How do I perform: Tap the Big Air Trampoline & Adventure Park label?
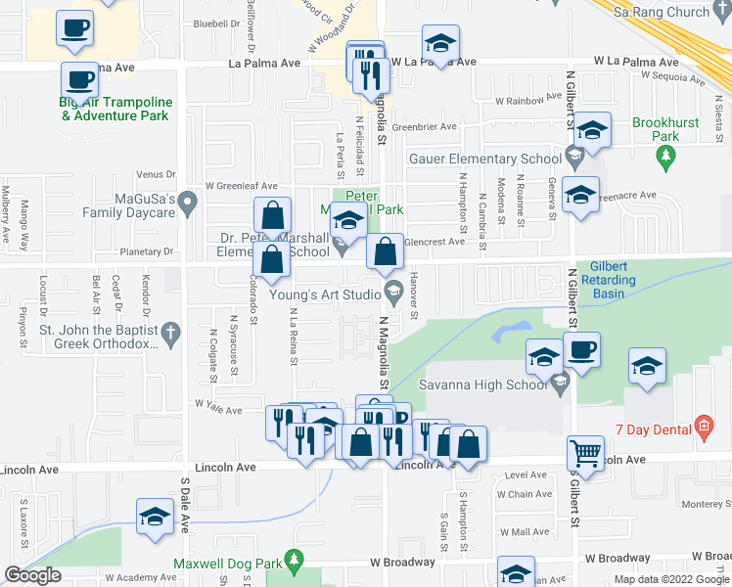115,109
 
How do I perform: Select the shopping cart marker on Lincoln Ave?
585,453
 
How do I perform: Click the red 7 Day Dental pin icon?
702,426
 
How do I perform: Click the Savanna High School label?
483,384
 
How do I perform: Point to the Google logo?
32,575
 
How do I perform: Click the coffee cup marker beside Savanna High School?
581,352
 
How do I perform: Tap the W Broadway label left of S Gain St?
402,563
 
